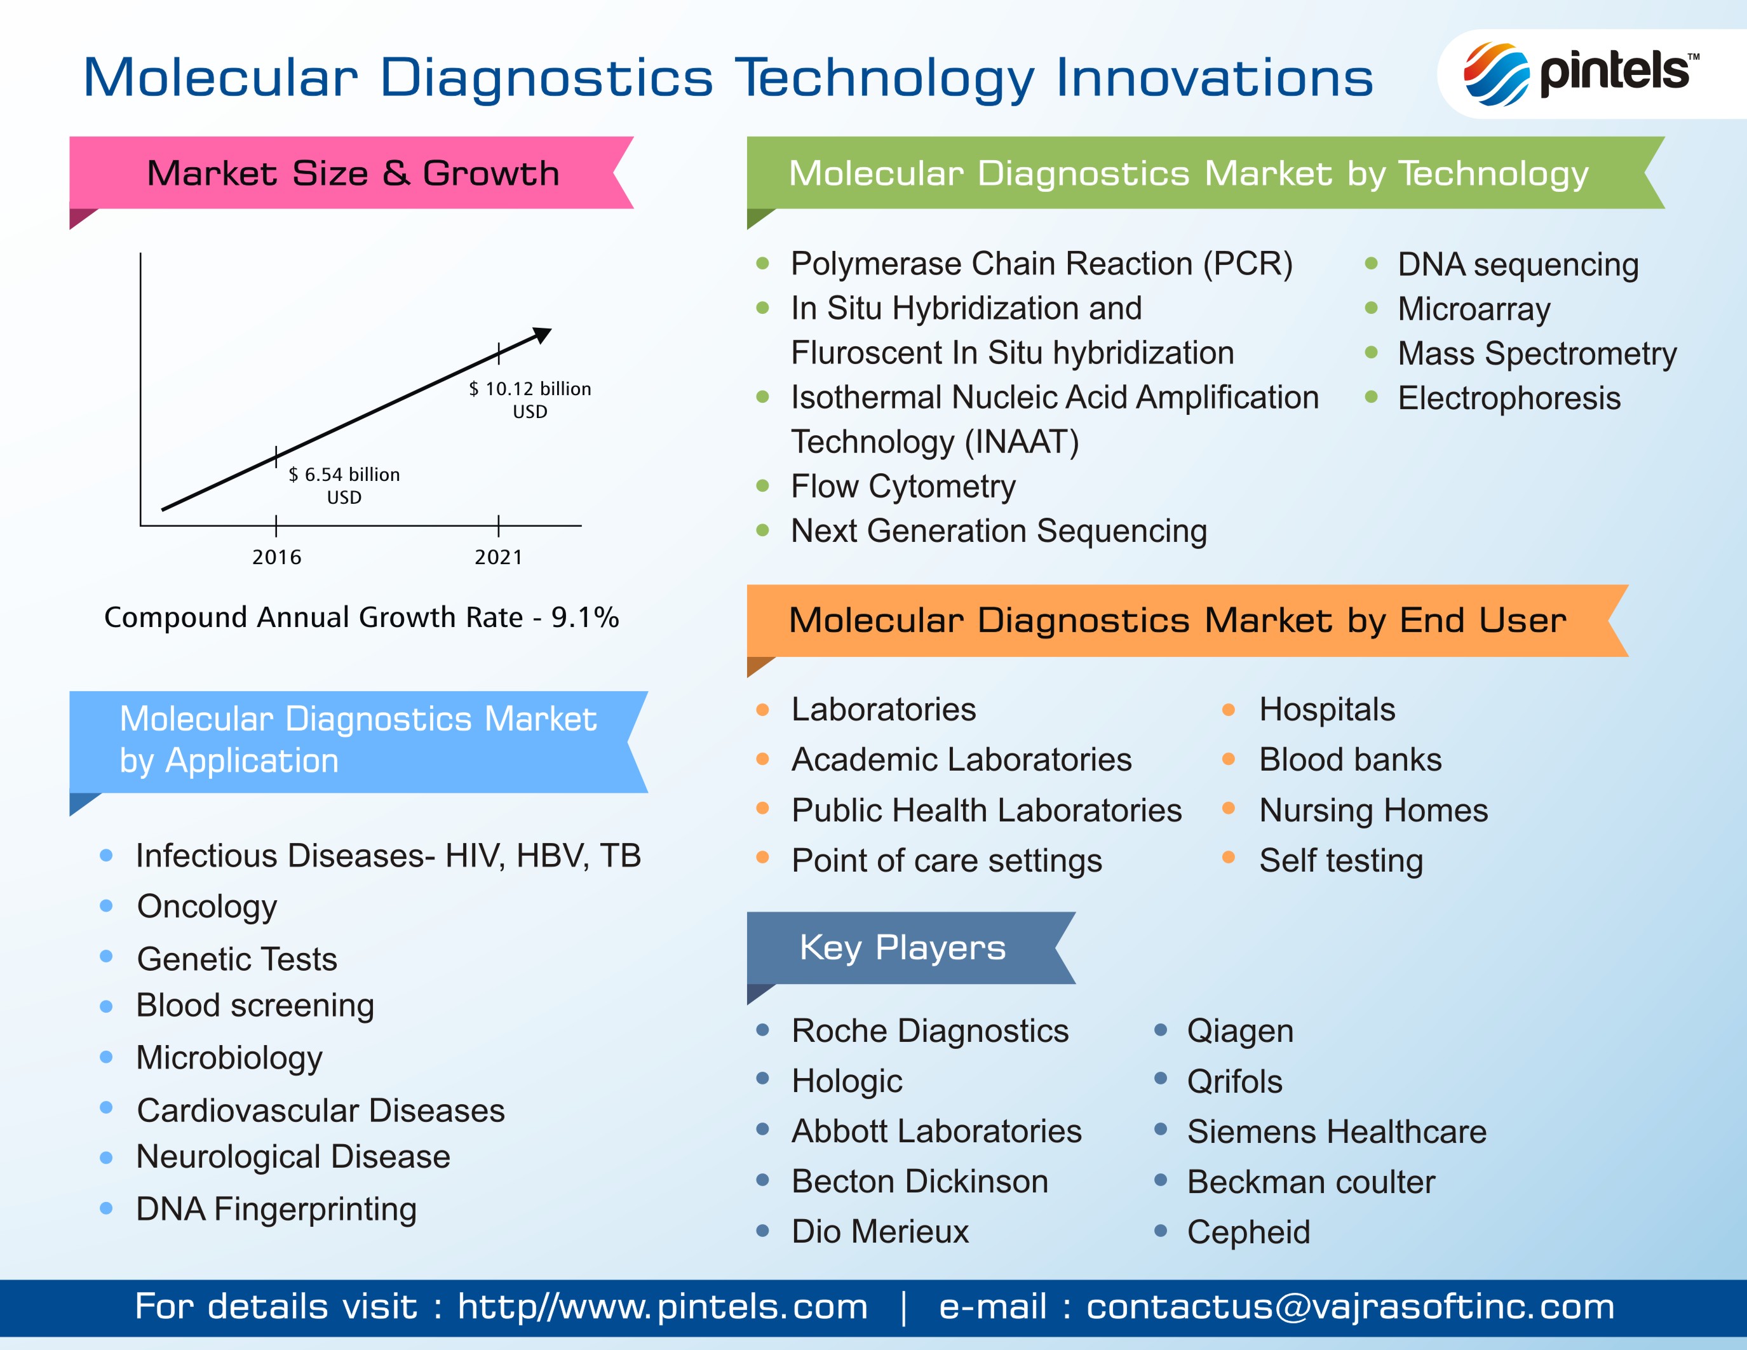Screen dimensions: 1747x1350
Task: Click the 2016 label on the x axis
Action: [x=277, y=557]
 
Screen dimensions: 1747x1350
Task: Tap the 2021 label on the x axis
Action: [x=498, y=557]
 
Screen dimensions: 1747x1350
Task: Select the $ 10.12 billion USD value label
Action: [x=530, y=400]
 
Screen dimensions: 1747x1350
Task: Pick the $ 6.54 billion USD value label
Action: [x=344, y=485]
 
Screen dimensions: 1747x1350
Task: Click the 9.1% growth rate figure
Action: [x=584, y=618]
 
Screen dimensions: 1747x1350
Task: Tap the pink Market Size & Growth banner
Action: [x=351, y=173]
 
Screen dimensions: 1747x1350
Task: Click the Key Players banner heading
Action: [x=902, y=948]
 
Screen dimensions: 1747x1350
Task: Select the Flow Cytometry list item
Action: [x=903, y=486]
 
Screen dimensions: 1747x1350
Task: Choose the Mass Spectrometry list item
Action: [x=1537, y=353]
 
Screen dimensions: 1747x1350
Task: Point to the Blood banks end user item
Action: [x=1350, y=760]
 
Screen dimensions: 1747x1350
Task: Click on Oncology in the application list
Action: [x=207, y=907]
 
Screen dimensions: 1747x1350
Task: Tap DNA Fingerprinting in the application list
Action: [x=276, y=1209]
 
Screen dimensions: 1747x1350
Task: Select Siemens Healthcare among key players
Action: [x=1337, y=1131]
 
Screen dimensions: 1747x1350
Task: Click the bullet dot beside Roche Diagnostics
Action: [x=762, y=1029]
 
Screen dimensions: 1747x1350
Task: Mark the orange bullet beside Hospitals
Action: [x=1229, y=710]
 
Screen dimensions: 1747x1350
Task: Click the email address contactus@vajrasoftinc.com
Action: [x=1350, y=1307]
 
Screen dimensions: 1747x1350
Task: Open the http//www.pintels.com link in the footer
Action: [x=663, y=1307]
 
